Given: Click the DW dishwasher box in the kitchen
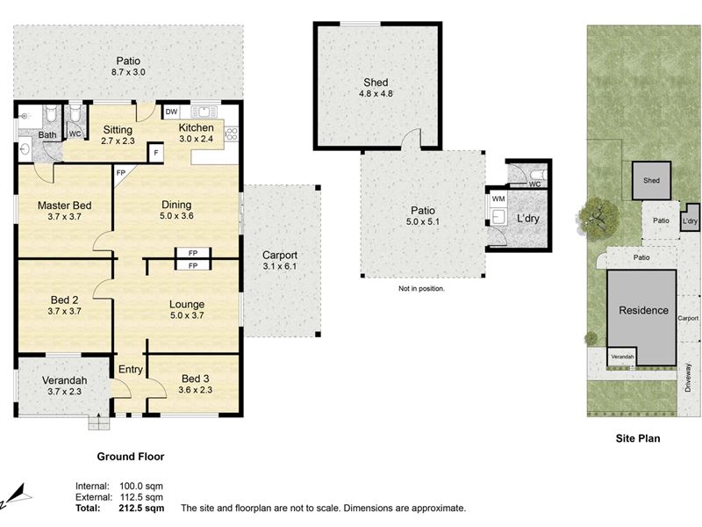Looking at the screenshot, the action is (x=171, y=112).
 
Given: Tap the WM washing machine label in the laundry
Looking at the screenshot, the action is (x=498, y=199).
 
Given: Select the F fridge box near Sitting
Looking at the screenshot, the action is (x=156, y=152).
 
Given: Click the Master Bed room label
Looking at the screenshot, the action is (x=64, y=206).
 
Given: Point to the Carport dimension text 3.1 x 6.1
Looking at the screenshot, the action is (x=280, y=266).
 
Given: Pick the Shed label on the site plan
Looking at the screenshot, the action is (x=651, y=181).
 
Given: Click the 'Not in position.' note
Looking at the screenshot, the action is (x=421, y=289).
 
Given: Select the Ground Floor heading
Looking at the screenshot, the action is (x=131, y=457).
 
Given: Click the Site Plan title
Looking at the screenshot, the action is (x=638, y=438).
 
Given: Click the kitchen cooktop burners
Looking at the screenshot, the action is (x=232, y=134).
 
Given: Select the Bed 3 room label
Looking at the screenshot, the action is (x=195, y=379).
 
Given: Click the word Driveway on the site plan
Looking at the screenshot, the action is (x=688, y=378).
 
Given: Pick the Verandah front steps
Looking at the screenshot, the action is (x=98, y=422).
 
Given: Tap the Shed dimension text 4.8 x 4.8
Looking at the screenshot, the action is (x=376, y=94).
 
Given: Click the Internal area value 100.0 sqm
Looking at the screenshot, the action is (x=141, y=486).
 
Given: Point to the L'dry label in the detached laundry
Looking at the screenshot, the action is (x=528, y=218).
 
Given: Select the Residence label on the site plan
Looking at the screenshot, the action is (x=643, y=310).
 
